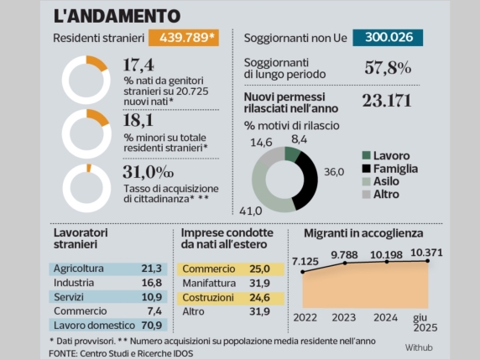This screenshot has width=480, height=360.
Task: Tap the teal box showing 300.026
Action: pyautogui.click(x=388, y=39)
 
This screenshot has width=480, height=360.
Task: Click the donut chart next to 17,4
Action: pyautogui.click(x=86, y=76)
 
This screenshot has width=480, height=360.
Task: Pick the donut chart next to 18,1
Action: pyautogui.click(x=86, y=131)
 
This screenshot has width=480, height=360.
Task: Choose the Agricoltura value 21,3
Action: pyautogui.click(x=152, y=269)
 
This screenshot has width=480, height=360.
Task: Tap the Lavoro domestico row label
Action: pyautogui.click(x=93, y=326)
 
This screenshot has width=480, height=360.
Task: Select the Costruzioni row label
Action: pyautogui.click(x=210, y=297)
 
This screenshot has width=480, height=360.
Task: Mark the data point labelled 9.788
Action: pyautogui.click(x=344, y=263)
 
